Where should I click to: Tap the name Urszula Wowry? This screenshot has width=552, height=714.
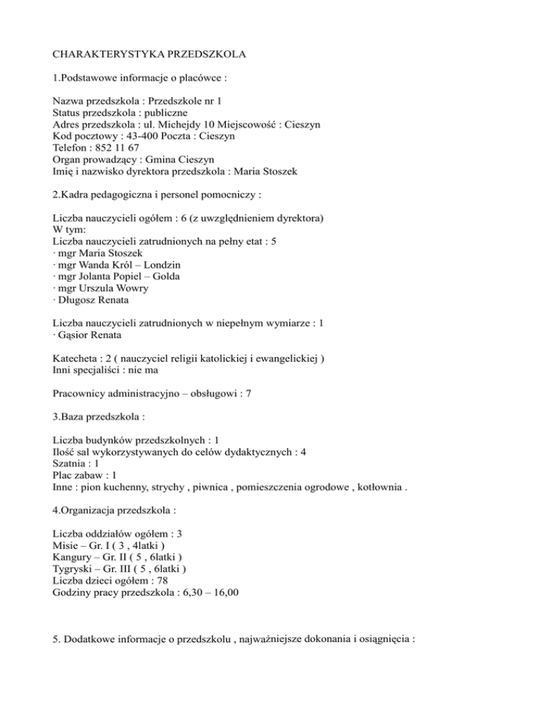pyautogui.click(x=110, y=288)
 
